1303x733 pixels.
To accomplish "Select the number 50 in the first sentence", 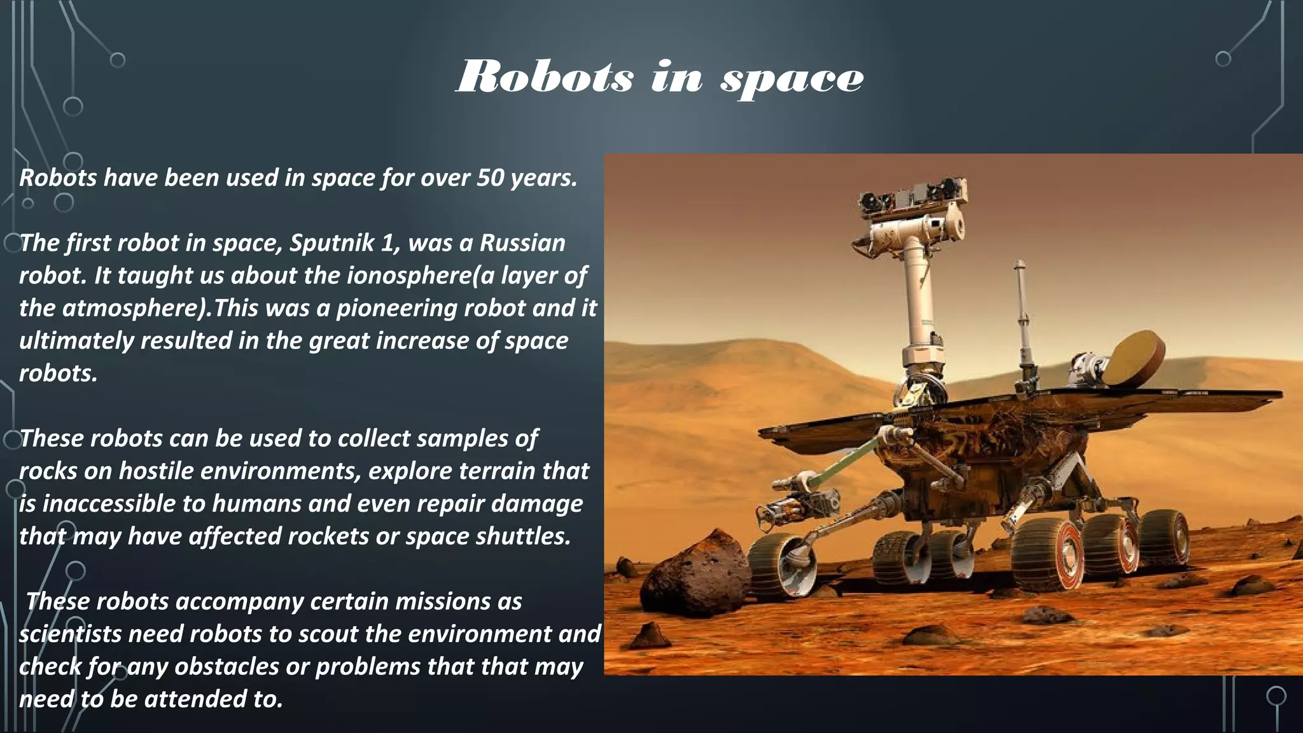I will click(490, 178).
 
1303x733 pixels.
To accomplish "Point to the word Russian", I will click(522, 244).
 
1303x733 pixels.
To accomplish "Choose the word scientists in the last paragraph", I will click(70, 634).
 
